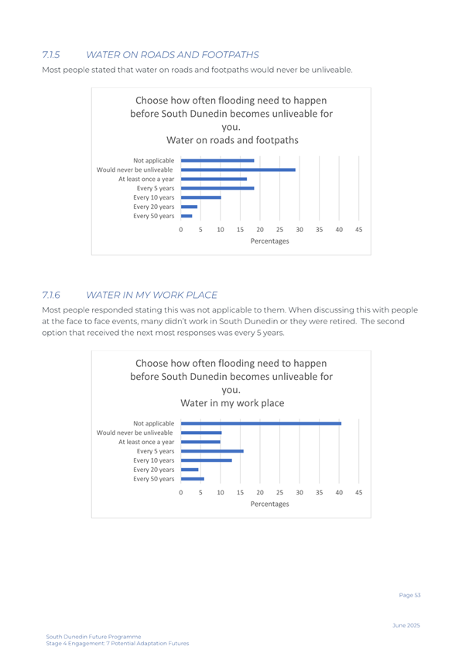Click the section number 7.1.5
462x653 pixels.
(x=51, y=55)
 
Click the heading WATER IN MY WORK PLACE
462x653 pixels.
(x=152, y=295)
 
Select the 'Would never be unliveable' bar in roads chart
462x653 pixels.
(x=238, y=170)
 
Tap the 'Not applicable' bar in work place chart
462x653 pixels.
(x=262, y=423)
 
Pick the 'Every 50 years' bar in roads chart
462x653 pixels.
(x=187, y=216)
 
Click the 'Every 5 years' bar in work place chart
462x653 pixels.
(x=213, y=451)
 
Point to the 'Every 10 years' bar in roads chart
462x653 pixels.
(x=201, y=197)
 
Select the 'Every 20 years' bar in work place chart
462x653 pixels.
(x=190, y=470)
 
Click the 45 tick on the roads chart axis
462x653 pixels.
(x=358, y=230)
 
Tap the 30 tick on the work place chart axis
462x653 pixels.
(x=299, y=492)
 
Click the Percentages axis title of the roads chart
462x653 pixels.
(x=269, y=241)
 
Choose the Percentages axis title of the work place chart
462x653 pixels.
(x=269, y=504)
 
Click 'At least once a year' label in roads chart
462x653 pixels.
(x=146, y=179)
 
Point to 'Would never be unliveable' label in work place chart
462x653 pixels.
(x=135, y=432)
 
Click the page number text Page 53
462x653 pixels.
(x=410, y=595)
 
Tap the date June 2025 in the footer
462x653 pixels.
(x=406, y=625)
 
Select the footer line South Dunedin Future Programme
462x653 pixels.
(x=94, y=637)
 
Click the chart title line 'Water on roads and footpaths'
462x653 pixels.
(x=232, y=140)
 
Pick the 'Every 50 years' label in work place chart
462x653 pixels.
(x=154, y=479)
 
